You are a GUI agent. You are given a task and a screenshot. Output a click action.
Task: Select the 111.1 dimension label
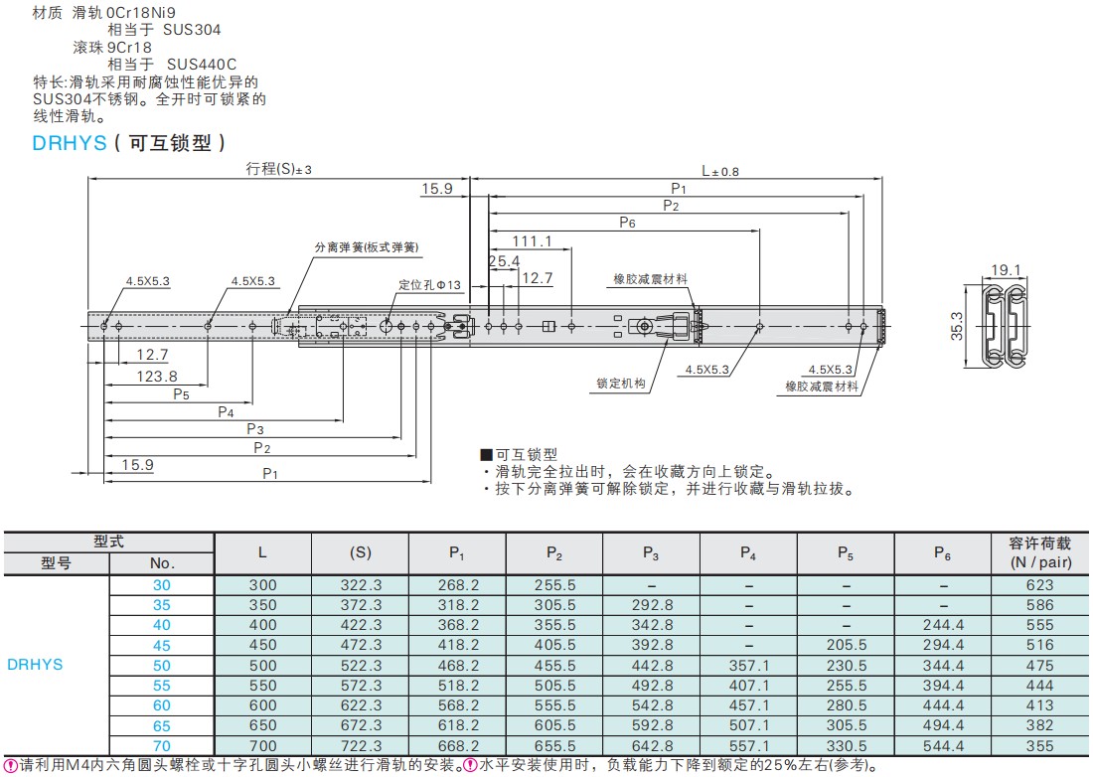(533, 241)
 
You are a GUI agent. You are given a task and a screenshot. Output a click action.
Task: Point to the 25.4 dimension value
(504, 261)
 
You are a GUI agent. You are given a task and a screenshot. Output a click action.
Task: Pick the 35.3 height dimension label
(956, 325)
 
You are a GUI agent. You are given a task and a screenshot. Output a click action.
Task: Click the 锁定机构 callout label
(621, 383)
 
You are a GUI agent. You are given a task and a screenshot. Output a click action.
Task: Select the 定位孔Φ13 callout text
(430, 285)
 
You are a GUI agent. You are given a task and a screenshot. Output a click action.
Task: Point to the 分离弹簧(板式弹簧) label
(366, 247)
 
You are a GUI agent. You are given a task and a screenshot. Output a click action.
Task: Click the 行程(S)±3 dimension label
(278, 169)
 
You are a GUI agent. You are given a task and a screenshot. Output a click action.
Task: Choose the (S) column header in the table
(361, 552)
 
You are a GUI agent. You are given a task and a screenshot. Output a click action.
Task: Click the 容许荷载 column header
(1040, 544)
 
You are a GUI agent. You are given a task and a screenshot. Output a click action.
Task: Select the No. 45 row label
(162, 645)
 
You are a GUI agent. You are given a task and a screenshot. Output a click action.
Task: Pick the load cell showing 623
(1040, 585)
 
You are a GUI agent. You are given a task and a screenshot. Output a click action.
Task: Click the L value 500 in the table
(262, 666)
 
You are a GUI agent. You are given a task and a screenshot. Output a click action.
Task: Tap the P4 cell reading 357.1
(749, 666)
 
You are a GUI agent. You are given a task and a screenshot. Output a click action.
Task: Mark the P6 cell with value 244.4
(943, 625)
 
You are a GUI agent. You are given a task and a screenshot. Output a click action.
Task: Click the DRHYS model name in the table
(35, 665)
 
